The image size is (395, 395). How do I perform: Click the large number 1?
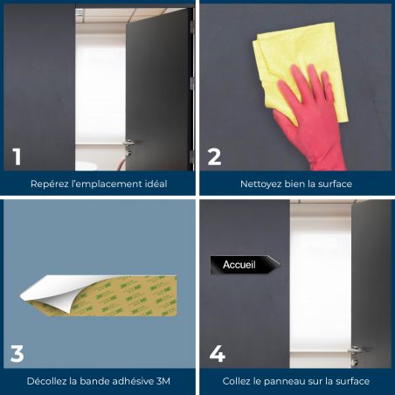[x=17, y=156]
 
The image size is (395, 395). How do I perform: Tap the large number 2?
[x=215, y=156]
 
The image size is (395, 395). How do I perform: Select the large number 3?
[x=17, y=354]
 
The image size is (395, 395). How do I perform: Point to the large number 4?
[x=218, y=354]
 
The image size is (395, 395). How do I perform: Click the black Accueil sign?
[x=245, y=265]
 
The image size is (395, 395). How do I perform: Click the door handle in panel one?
[x=128, y=144]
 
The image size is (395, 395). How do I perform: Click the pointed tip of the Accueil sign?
[x=280, y=264]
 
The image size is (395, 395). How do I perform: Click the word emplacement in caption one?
[x=107, y=184]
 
